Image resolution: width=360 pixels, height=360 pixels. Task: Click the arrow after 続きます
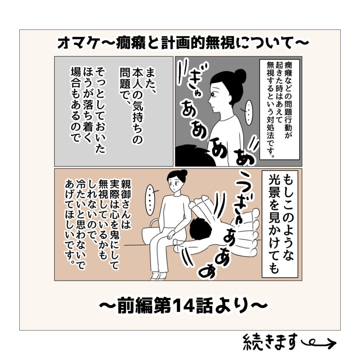pos(319,343)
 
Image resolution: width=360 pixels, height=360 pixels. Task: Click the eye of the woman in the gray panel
pos(213,94)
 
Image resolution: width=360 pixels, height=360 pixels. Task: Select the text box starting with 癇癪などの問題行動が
pos(279,109)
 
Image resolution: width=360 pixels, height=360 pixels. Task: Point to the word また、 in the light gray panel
pos(150,81)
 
